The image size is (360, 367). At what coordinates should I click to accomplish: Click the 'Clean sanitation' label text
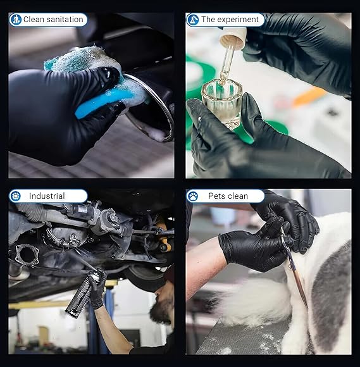coord(53,20)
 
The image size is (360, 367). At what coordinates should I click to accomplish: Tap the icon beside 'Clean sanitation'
coord(15,20)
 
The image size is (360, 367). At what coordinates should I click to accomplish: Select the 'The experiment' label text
coord(230,20)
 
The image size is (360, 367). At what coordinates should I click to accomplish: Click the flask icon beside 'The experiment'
coord(193,20)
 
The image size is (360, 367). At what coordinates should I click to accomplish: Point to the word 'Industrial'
coord(47,196)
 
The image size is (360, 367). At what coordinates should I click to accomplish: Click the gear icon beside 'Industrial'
coord(15,196)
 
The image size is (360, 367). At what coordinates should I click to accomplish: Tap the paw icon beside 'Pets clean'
coord(193,196)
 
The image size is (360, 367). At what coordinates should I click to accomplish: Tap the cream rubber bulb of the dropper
coord(233,39)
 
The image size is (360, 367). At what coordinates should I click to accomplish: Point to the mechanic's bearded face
coord(162,310)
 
